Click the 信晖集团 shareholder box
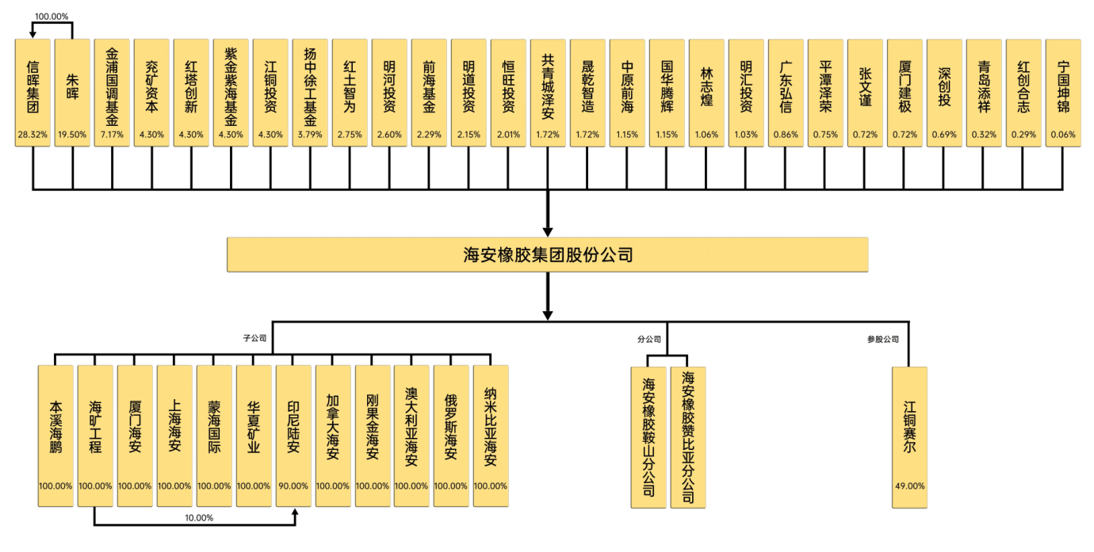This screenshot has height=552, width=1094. click(33, 93)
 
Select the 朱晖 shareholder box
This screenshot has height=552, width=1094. click(72, 93)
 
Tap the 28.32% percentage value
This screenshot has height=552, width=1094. click(33, 134)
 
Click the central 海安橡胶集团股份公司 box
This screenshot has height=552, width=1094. click(548, 254)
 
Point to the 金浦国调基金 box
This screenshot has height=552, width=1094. click(112, 93)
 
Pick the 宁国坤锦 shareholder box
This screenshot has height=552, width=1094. click(1063, 93)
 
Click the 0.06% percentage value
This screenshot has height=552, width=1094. click(1063, 134)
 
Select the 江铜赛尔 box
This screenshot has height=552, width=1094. click(909, 437)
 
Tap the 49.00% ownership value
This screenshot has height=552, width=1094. click(909, 486)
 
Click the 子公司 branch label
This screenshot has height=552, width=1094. click(255, 338)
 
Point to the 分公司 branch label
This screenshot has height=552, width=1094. click(649, 339)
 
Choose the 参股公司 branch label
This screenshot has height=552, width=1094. click(883, 339)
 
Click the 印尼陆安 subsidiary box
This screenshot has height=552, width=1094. click(293, 436)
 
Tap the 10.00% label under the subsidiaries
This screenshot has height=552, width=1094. click(199, 518)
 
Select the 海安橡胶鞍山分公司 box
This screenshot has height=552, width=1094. click(648, 437)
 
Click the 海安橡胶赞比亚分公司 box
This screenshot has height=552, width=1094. click(688, 437)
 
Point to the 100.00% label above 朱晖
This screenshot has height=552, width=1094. click(52, 17)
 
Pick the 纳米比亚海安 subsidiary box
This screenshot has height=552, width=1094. click(491, 436)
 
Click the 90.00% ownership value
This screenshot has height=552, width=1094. click(293, 486)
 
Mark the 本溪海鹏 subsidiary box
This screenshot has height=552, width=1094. click(55, 436)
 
